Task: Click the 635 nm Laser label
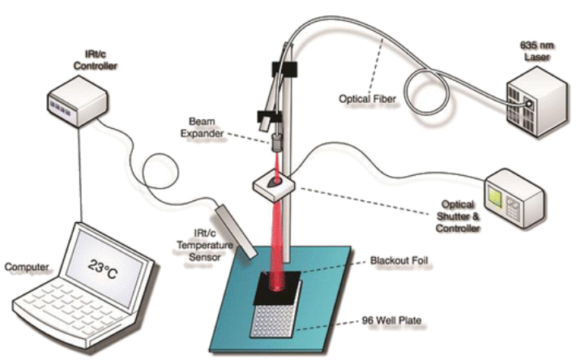click(536, 51)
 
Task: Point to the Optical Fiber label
click(367, 99)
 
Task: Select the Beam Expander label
click(202, 127)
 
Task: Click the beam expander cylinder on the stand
click(276, 143)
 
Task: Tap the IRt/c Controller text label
click(95, 60)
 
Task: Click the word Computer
click(27, 267)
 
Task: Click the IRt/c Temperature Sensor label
click(205, 245)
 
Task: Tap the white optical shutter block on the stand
click(274, 185)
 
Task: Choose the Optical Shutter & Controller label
click(458, 216)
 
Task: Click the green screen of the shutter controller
click(495, 197)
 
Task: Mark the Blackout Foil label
click(399, 261)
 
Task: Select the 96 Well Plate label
click(391, 320)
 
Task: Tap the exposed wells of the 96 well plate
click(273, 320)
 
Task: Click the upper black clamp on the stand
click(284, 69)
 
